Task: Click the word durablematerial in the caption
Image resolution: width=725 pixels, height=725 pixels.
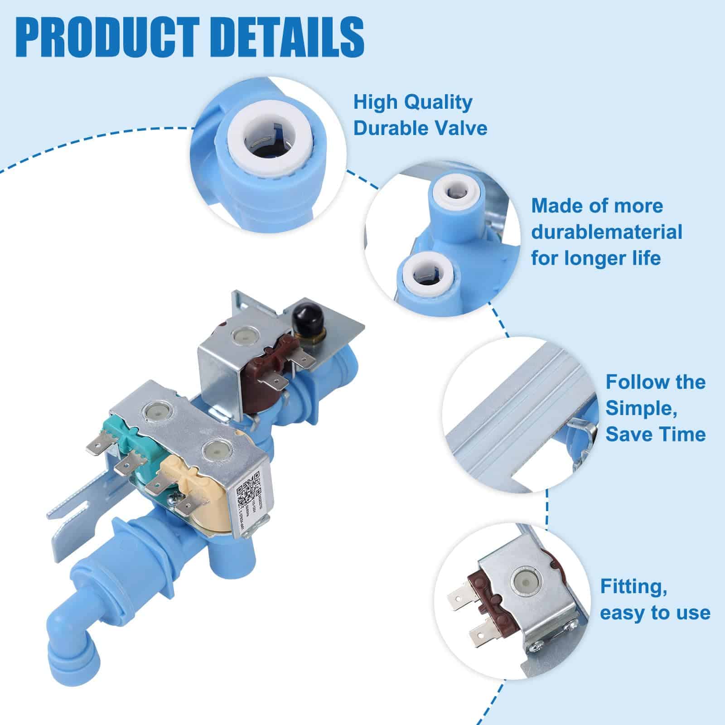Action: click(x=607, y=232)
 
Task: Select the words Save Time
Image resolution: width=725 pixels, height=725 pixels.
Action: click(x=656, y=434)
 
